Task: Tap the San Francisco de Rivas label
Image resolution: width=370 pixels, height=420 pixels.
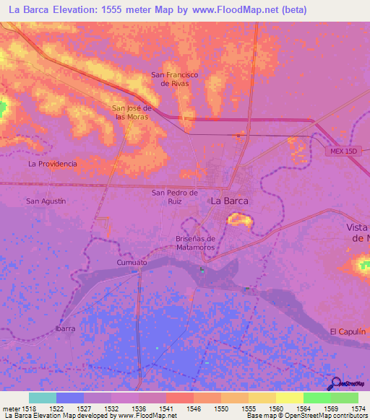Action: [174, 79]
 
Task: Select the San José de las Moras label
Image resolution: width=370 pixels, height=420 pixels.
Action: [131, 113]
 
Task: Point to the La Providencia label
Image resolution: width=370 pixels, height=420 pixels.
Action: [52, 164]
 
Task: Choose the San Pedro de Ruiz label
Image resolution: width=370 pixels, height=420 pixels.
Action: [174, 197]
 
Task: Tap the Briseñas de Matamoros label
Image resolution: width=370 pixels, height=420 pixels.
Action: [196, 242]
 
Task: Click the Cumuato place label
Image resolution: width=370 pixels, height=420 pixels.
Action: [132, 263]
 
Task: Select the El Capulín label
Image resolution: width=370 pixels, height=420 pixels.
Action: [345, 331]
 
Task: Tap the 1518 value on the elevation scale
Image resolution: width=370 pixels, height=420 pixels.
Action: [29, 408]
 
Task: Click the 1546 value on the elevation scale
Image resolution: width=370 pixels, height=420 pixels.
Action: [194, 408]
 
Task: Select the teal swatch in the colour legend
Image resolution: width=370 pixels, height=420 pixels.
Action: [43, 398]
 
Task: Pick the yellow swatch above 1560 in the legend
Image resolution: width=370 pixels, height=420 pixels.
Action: [289, 398]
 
